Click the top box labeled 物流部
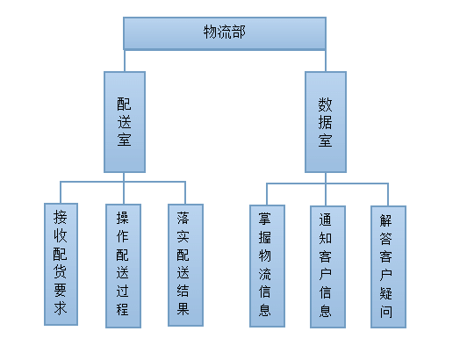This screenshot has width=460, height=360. coord(225,33)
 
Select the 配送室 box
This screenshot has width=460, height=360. coord(125,122)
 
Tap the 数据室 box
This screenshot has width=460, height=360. coord(326,122)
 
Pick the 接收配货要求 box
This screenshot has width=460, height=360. coord(61,264)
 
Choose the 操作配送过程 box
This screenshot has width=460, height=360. coord(123,266)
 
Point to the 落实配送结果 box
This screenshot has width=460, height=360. coord(185,265)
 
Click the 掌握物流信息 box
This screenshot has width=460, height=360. coord(267,266)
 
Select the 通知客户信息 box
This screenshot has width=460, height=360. coord(327,267)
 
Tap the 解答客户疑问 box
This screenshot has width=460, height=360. coord(388,267)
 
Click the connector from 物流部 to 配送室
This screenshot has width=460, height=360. coord(125,61)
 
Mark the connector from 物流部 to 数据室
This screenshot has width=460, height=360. coord(326,61)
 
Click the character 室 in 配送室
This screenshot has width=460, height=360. coord(124,139)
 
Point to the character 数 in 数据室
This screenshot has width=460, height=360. coord(326,104)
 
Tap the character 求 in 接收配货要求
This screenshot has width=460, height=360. coord(61,308)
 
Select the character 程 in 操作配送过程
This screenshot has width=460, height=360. coord(122,309)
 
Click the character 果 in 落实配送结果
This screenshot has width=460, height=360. coord(183,309)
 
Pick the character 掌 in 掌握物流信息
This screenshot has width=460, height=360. coord(264,219)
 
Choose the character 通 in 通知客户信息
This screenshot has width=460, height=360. coord(326,220)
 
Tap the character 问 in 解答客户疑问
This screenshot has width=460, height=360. coord(385,311)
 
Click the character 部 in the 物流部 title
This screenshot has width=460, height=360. coord(238,32)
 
